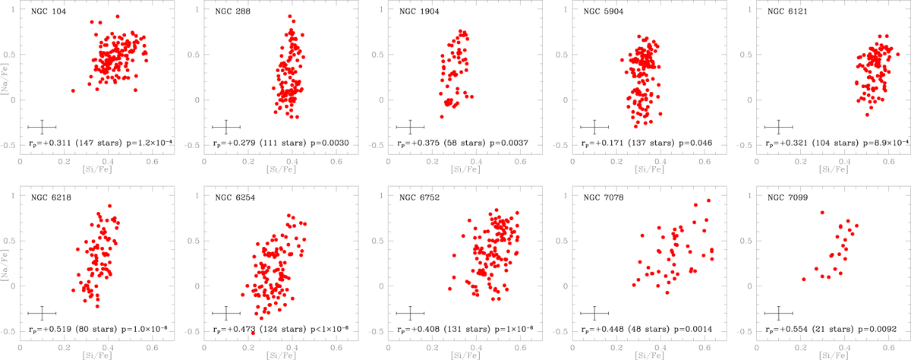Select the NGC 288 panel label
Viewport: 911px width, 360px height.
tap(225, 13)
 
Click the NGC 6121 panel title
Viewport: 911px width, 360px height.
tap(780, 13)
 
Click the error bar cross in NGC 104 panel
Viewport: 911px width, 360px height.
tap(43, 127)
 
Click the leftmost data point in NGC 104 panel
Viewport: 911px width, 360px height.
tap(73, 90)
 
